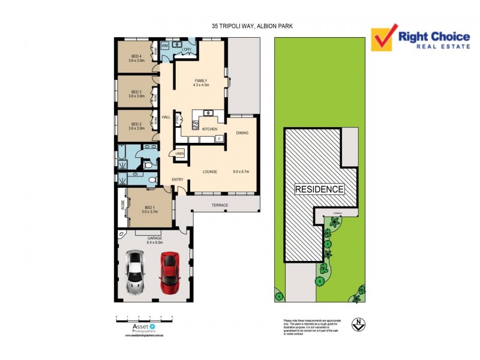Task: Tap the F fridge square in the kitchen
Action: point(220,139)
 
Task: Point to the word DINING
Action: point(242,133)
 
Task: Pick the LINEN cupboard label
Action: point(180,154)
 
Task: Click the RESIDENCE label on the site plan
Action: point(319,189)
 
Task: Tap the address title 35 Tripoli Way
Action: point(253,26)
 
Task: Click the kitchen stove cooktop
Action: point(196,124)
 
